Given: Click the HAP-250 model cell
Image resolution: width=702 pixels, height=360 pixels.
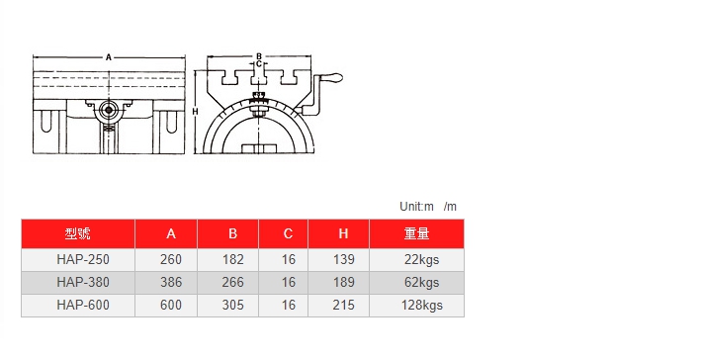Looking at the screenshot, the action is (83, 260).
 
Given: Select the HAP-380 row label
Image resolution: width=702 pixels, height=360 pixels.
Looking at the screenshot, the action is (83, 283).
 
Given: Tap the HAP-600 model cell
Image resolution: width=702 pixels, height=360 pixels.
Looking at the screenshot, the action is (83, 306).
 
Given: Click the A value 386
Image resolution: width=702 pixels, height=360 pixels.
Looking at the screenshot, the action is (171, 283).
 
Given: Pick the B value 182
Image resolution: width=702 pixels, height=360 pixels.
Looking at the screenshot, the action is (232, 260).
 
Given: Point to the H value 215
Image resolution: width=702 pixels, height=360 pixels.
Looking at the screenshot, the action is (343, 306).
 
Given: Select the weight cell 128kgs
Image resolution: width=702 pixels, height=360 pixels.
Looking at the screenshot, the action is (422, 306).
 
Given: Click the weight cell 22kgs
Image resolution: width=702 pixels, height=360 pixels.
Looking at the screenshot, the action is (422, 260).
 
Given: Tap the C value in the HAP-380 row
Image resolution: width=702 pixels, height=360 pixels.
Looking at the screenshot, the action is (289, 283).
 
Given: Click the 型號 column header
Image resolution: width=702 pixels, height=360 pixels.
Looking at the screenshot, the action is (77, 233).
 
